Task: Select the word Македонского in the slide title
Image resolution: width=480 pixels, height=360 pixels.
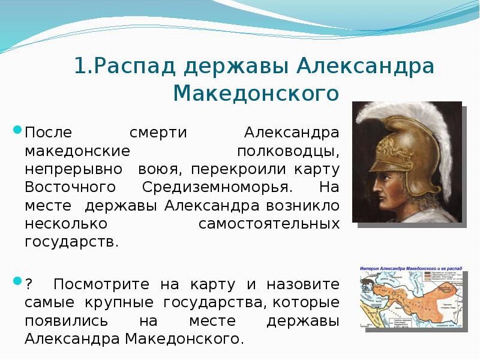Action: tap(256, 94)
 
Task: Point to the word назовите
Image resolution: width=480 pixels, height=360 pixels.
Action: tap(305, 284)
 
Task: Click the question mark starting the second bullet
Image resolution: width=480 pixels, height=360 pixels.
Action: tap(28, 284)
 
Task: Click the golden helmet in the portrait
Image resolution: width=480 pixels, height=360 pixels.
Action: tap(395, 144)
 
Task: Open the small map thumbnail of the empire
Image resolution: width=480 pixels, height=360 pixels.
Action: tap(410, 296)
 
